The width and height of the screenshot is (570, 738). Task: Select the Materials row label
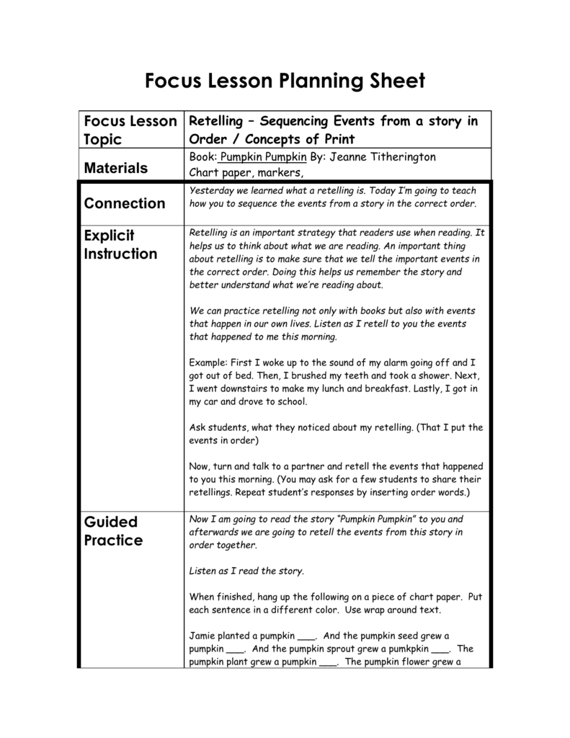(115, 168)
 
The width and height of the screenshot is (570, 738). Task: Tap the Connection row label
(125, 203)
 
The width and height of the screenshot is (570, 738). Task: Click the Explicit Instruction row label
(120, 244)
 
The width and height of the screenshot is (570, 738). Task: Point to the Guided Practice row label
(114, 530)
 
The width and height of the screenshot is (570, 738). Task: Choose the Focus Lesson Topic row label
(130, 130)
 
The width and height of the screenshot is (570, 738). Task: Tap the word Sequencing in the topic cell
(299, 121)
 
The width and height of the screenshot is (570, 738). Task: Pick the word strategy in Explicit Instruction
(325, 233)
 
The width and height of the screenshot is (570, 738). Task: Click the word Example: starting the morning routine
(208, 363)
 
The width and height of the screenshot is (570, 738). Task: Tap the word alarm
(399, 363)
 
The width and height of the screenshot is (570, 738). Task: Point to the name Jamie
(203, 636)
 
